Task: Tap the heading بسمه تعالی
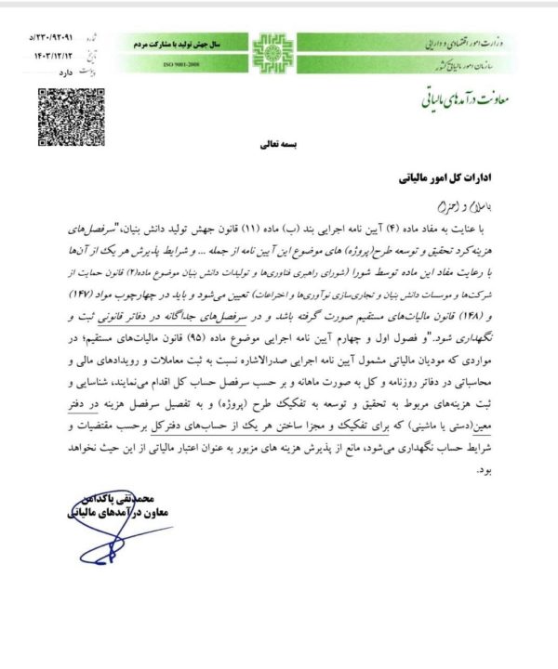pos(278,147)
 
